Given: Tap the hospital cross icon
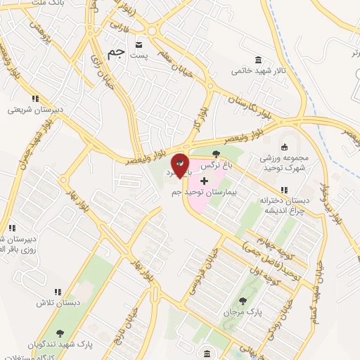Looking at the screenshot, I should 204,181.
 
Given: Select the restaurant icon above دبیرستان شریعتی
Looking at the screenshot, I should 34,99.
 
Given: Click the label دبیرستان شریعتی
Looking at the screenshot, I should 31,110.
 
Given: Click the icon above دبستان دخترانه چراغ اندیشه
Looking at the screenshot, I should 284,190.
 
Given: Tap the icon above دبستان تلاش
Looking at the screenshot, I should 56,291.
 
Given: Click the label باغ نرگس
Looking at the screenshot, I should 216,167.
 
